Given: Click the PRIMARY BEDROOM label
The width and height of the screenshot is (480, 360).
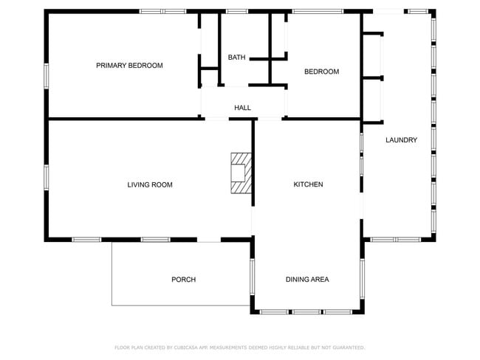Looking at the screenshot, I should click(x=129, y=66).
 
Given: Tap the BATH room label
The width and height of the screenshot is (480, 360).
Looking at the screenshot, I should click(x=236, y=58).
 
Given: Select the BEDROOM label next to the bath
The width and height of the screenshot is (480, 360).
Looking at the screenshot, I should click(x=321, y=72).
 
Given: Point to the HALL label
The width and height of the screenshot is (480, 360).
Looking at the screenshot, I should click(x=242, y=108).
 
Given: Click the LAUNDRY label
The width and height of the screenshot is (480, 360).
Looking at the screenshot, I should click(x=401, y=140).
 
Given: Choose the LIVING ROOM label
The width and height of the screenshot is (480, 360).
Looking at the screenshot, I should click(x=150, y=184).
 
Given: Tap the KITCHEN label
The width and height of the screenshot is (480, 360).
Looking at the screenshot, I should click(x=308, y=184).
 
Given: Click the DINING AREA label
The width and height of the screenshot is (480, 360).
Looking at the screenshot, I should click(x=307, y=280).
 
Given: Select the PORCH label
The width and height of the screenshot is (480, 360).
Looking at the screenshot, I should click(x=183, y=280).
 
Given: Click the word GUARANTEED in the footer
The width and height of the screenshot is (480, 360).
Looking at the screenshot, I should click(x=346, y=347).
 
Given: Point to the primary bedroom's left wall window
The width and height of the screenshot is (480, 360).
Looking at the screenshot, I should click(x=47, y=76).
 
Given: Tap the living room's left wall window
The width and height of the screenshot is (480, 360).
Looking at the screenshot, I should click(x=47, y=177).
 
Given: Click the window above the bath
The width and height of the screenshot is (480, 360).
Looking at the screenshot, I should click(x=236, y=11).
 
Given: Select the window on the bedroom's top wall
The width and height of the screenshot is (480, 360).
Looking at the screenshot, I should click(x=318, y=11).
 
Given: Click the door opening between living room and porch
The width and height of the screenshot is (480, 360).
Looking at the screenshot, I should click(x=210, y=240).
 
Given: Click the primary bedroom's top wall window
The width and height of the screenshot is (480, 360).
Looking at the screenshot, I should click(x=163, y=11).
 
